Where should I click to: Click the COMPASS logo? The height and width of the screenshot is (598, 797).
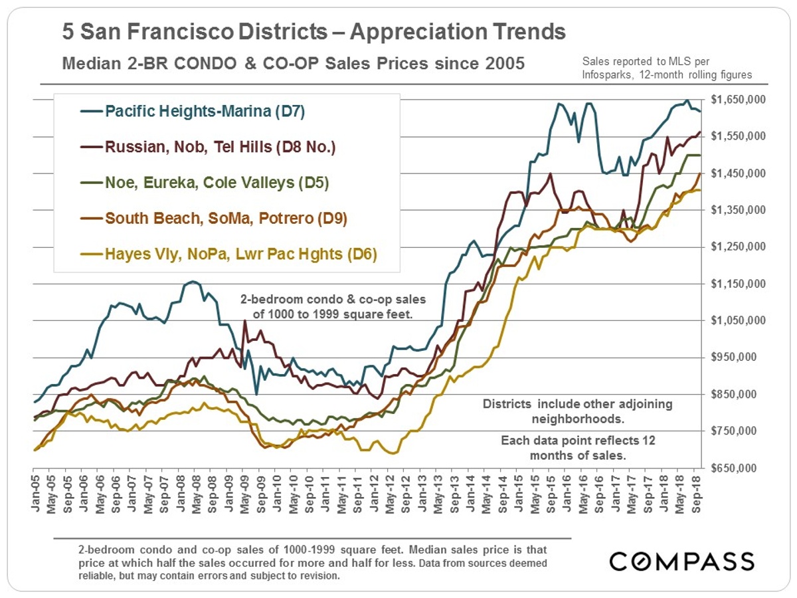[682, 561]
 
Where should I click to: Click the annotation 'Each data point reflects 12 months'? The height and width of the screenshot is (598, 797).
[577, 448]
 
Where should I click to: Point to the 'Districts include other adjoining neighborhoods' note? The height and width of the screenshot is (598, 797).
[577, 411]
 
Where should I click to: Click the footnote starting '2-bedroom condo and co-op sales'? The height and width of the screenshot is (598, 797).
[312, 563]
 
